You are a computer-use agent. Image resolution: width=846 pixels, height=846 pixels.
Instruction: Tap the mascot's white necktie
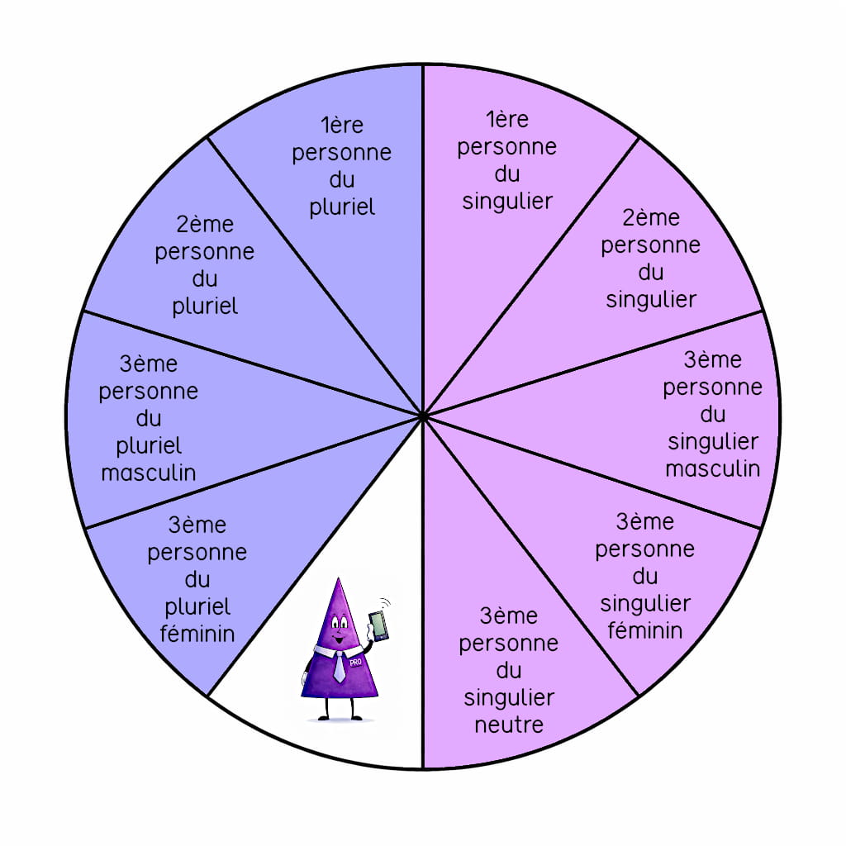pos(340,666)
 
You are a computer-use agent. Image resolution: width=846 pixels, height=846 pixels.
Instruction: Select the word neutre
pos(509,725)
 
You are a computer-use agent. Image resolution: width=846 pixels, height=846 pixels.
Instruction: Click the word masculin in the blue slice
pos(149,473)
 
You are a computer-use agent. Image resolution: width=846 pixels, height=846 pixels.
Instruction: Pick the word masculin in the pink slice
pos(712,468)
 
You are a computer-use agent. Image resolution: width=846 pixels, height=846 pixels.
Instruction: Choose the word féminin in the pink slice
pos(645,630)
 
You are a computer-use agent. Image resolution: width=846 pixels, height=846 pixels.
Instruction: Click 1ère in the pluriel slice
pos(342,126)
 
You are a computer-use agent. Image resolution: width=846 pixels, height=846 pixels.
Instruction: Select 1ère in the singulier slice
pos(507,120)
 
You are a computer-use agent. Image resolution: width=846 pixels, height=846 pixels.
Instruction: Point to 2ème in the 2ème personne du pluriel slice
pos(205,225)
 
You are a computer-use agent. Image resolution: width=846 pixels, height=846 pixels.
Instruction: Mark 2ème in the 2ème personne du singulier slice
pos(652,218)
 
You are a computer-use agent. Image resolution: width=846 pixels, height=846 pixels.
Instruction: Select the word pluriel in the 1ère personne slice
pos(342,207)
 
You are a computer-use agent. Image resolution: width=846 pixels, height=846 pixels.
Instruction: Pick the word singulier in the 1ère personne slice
pos(507,201)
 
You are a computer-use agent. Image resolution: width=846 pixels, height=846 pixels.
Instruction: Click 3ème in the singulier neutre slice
pos(509,616)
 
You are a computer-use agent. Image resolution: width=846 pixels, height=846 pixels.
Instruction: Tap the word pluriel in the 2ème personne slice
pos(205,306)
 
